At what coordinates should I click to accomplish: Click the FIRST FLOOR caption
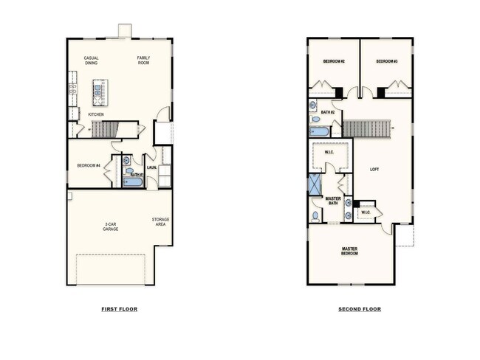click(x=120, y=309)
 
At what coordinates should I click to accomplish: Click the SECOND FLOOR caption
click(x=360, y=309)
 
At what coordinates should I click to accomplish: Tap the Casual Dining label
click(x=92, y=60)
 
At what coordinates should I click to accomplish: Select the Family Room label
click(x=143, y=60)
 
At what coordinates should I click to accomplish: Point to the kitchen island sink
click(x=97, y=90)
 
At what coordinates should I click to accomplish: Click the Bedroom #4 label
click(x=89, y=165)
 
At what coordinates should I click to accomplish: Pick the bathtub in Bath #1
click(x=132, y=182)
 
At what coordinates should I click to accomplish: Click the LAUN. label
click(x=152, y=167)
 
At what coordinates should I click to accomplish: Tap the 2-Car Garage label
click(x=111, y=226)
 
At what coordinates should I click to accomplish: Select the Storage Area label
click(x=160, y=222)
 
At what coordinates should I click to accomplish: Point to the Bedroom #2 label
click(x=334, y=61)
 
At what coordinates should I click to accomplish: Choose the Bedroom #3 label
click(x=387, y=61)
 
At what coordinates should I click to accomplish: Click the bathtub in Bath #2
click(x=319, y=132)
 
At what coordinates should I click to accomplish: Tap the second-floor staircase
click(x=366, y=128)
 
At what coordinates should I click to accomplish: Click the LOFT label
click(x=374, y=169)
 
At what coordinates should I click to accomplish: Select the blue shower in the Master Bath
click(x=315, y=184)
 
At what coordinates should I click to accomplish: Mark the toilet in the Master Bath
click(x=315, y=216)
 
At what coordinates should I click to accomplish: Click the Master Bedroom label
click(x=349, y=251)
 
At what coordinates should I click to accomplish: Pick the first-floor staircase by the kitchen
click(x=105, y=129)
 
